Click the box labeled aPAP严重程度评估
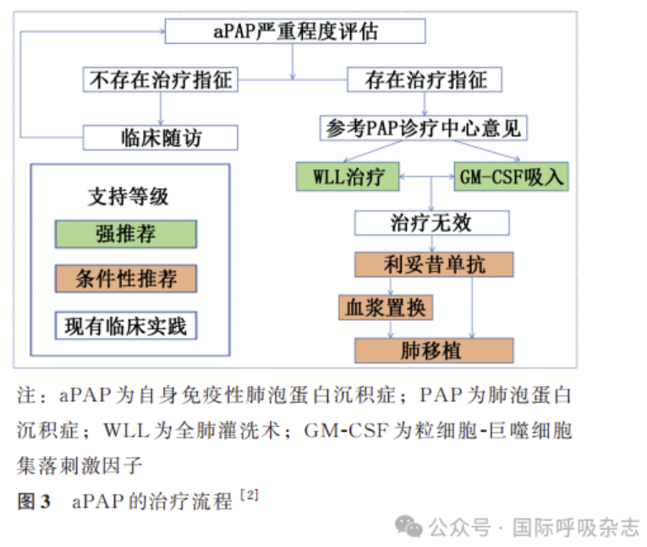click(x=294, y=31)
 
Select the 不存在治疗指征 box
click(x=160, y=80)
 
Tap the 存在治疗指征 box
click(x=425, y=80)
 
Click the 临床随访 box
click(x=160, y=137)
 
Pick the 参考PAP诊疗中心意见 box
click(x=425, y=129)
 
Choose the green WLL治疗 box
click(x=348, y=178)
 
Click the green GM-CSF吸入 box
click(x=510, y=178)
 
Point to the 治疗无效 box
click(x=431, y=223)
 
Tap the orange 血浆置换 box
click(x=386, y=307)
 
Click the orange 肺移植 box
click(x=434, y=350)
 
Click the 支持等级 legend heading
click(x=129, y=196)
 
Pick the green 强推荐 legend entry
click(x=126, y=234)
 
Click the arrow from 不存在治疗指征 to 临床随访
click(x=160, y=108)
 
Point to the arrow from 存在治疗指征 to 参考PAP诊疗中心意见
click(x=425, y=104)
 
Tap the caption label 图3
click(x=34, y=501)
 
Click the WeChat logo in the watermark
click(x=411, y=527)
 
